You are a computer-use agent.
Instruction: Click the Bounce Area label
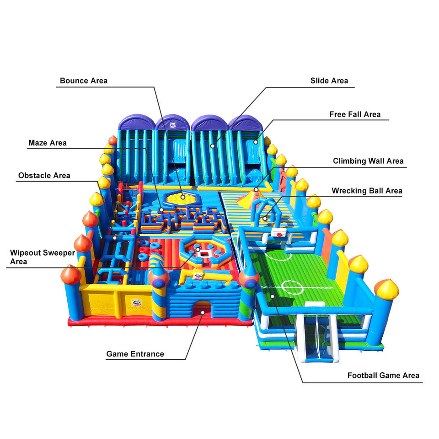(84, 81)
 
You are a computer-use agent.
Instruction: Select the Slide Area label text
(329, 81)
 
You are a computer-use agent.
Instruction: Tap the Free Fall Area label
(355, 114)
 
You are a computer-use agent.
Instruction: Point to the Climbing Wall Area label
(368, 161)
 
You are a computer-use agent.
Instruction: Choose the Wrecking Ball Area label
(367, 191)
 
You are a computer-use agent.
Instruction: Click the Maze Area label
(48, 143)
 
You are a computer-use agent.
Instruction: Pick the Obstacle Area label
(44, 176)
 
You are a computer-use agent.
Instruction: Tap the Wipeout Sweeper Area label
(43, 257)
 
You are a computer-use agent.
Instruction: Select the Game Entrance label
(135, 354)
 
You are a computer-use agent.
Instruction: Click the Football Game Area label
(383, 375)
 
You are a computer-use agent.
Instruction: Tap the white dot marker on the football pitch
(273, 296)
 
